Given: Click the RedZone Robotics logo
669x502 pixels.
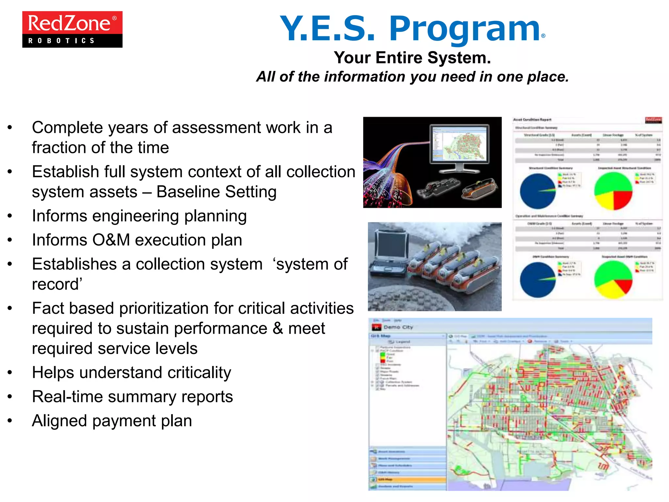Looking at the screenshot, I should pos(72,29).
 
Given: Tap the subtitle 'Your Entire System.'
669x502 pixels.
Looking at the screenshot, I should pos(412,58).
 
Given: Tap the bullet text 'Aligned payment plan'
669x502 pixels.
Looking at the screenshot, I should pos(112,421).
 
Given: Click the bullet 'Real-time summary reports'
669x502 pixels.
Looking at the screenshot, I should pos(132,397).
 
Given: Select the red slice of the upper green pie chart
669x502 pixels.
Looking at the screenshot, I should pos(622,199).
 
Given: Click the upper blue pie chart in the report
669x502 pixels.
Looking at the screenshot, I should pos(537,192).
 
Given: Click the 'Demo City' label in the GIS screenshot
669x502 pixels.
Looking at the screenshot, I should pos(398,327).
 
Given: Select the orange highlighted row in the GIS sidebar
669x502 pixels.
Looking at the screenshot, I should pos(408,479).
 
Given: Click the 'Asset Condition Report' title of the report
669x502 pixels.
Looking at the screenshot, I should pos(532,120).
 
